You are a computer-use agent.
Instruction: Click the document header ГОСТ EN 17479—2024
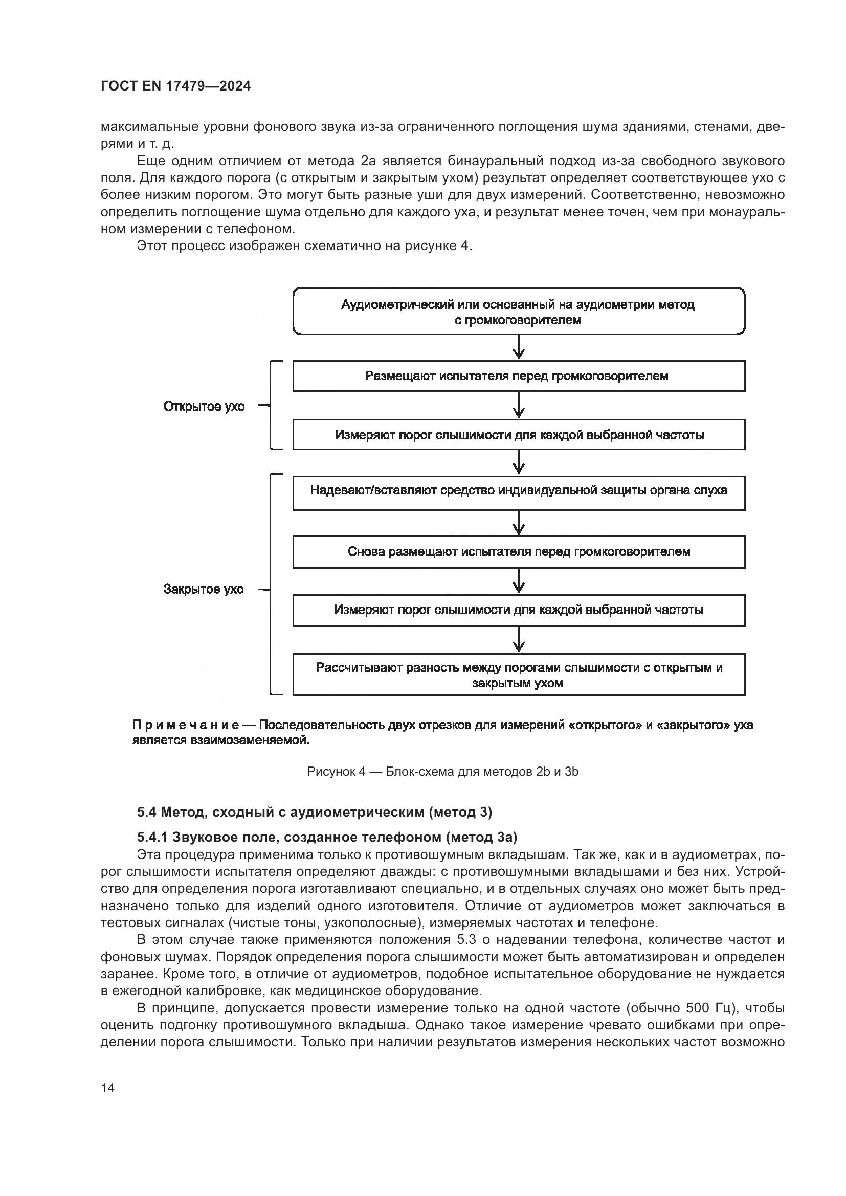pos(175,86)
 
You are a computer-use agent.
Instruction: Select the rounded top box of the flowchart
pos(518,311)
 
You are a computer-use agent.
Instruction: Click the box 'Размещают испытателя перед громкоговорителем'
pos(518,376)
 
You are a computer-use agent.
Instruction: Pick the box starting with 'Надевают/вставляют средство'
pos(518,493)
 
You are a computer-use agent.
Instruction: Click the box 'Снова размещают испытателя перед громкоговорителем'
pos(518,552)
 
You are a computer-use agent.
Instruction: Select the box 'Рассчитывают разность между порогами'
pos(518,674)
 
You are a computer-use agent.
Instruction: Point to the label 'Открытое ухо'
pos(204,407)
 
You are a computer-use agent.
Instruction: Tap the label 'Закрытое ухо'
pos(204,590)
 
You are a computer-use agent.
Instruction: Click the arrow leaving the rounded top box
pos(518,347)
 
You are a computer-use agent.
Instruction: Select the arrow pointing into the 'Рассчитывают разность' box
pos(518,640)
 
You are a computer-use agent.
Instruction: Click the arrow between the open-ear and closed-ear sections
pos(518,463)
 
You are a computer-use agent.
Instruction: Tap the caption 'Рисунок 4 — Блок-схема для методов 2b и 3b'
pos(442,772)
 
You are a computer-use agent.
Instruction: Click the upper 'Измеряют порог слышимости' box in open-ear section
pos(518,435)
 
